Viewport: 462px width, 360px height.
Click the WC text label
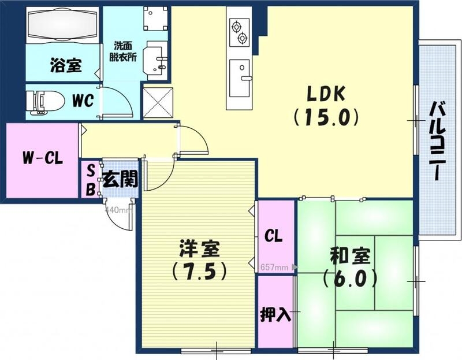pos(83,101)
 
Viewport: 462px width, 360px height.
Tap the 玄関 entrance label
pos(121,180)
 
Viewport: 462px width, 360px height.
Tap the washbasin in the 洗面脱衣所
pos(154,58)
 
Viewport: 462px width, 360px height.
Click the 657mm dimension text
pos(274,268)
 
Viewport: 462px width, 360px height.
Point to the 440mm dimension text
pos(117,210)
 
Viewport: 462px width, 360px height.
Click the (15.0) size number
pos(325,118)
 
